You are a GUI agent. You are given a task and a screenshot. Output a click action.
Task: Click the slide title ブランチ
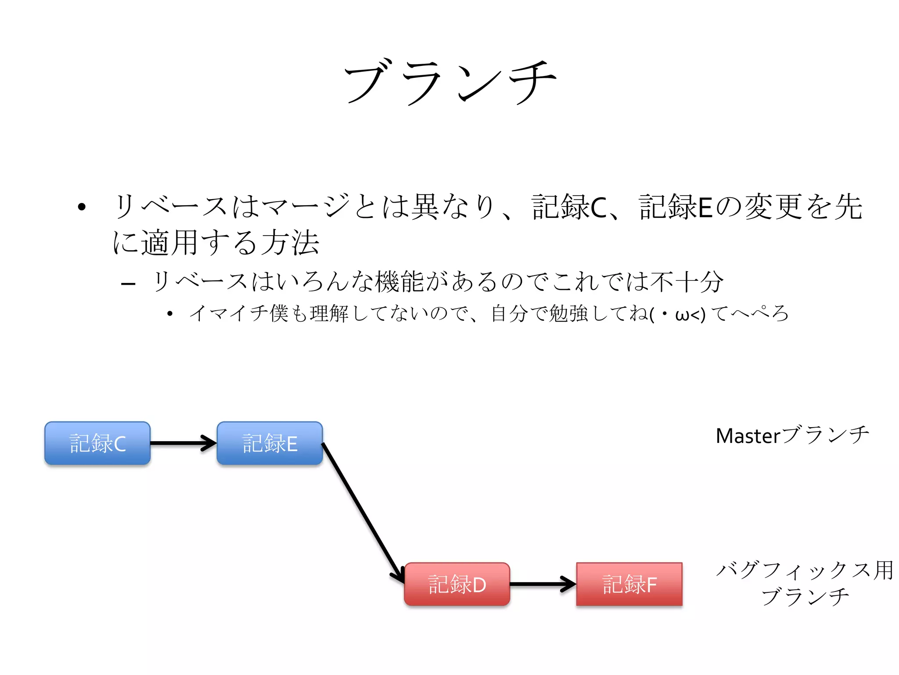click(x=449, y=83)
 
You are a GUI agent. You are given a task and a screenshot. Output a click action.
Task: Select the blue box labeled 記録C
click(x=97, y=443)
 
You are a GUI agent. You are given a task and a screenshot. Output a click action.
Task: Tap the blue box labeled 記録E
click(x=270, y=443)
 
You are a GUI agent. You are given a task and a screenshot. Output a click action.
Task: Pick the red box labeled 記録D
click(x=457, y=584)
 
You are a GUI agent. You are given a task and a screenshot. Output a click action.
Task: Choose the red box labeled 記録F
click(x=629, y=584)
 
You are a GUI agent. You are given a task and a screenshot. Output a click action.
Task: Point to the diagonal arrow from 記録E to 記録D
click(x=363, y=513)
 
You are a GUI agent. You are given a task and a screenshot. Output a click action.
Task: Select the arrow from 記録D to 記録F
click(x=543, y=584)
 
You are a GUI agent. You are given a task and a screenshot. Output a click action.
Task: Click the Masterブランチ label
click(x=792, y=435)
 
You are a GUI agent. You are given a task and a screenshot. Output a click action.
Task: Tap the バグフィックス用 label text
click(x=805, y=570)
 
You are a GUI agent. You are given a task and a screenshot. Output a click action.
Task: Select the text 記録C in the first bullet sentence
click(x=569, y=207)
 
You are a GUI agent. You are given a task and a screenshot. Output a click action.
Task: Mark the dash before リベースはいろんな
click(x=128, y=284)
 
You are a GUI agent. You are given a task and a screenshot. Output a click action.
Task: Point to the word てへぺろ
click(x=750, y=314)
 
